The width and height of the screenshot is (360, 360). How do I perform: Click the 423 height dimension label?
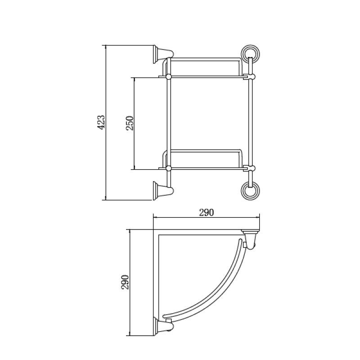[x=101, y=122]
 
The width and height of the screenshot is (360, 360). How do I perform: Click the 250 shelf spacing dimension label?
[x=130, y=123]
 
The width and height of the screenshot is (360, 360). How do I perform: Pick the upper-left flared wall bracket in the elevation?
[x=163, y=54]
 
